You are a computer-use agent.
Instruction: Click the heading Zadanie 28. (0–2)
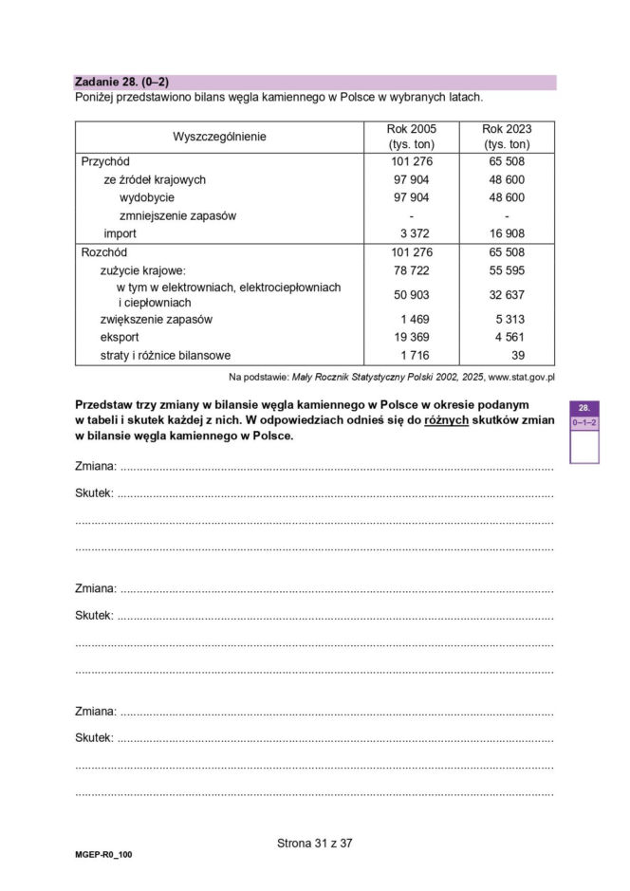click(x=121, y=83)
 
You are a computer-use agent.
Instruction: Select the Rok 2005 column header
click(x=411, y=136)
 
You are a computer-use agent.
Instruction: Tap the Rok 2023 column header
click(x=507, y=136)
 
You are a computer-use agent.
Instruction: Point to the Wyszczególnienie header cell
click(x=219, y=137)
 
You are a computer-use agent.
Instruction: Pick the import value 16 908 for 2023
click(x=507, y=233)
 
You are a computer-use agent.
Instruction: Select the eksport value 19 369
click(x=411, y=338)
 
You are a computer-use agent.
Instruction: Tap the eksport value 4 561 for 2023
click(x=507, y=338)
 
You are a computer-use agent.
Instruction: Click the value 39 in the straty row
click(x=517, y=356)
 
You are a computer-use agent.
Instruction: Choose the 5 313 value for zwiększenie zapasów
click(x=507, y=320)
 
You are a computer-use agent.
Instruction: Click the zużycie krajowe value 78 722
click(x=411, y=270)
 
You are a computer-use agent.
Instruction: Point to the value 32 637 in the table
click(x=507, y=295)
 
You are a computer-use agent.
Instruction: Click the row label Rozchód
click(x=104, y=252)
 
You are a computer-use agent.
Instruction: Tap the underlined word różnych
click(x=446, y=419)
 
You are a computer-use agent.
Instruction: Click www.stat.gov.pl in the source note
click(x=520, y=377)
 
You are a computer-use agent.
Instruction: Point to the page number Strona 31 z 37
click(x=314, y=842)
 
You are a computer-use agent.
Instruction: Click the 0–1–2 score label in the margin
click(x=584, y=422)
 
